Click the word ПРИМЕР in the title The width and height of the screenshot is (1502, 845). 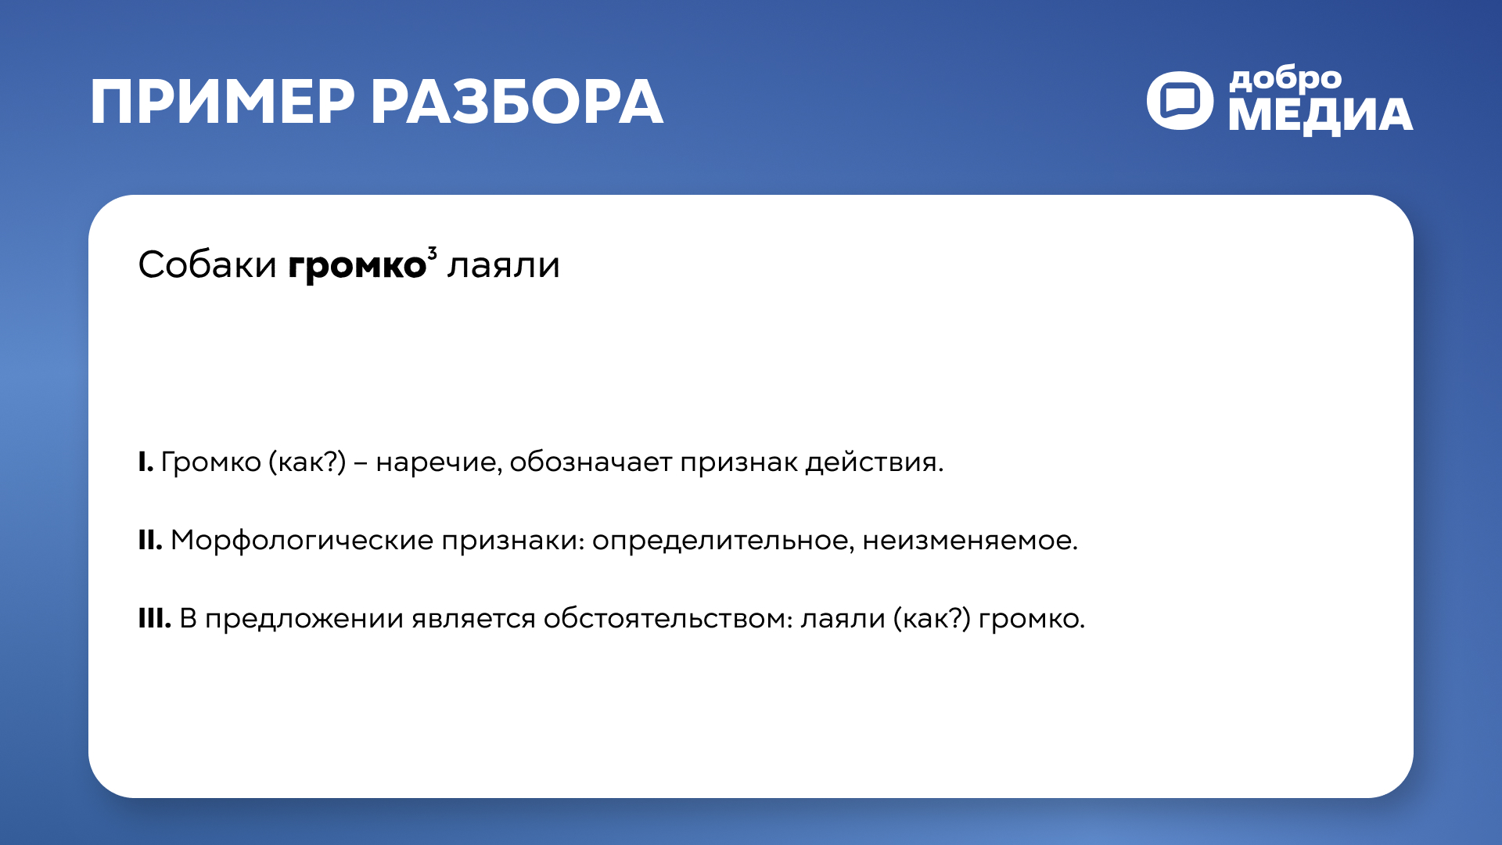(x=222, y=102)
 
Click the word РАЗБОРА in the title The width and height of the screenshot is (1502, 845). (x=516, y=102)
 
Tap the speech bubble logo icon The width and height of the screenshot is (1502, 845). (x=1180, y=101)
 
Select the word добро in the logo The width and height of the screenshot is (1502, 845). (x=1285, y=80)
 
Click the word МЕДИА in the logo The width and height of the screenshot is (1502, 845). (x=1321, y=116)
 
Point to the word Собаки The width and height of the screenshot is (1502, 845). (x=207, y=265)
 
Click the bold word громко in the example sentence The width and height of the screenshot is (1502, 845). (x=357, y=266)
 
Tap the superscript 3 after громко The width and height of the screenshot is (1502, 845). (x=432, y=252)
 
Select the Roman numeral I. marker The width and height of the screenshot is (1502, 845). (x=146, y=462)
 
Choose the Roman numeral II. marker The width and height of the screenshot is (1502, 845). (x=150, y=541)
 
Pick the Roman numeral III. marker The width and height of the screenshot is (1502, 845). (x=154, y=619)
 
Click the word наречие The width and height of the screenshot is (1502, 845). (x=438, y=462)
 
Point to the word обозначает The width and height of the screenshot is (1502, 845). (x=591, y=462)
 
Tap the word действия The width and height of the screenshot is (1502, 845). (x=874, y=462)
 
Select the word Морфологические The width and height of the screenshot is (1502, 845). (x=302, y=541)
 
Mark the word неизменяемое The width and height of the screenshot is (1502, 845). (x=969, y=541)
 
